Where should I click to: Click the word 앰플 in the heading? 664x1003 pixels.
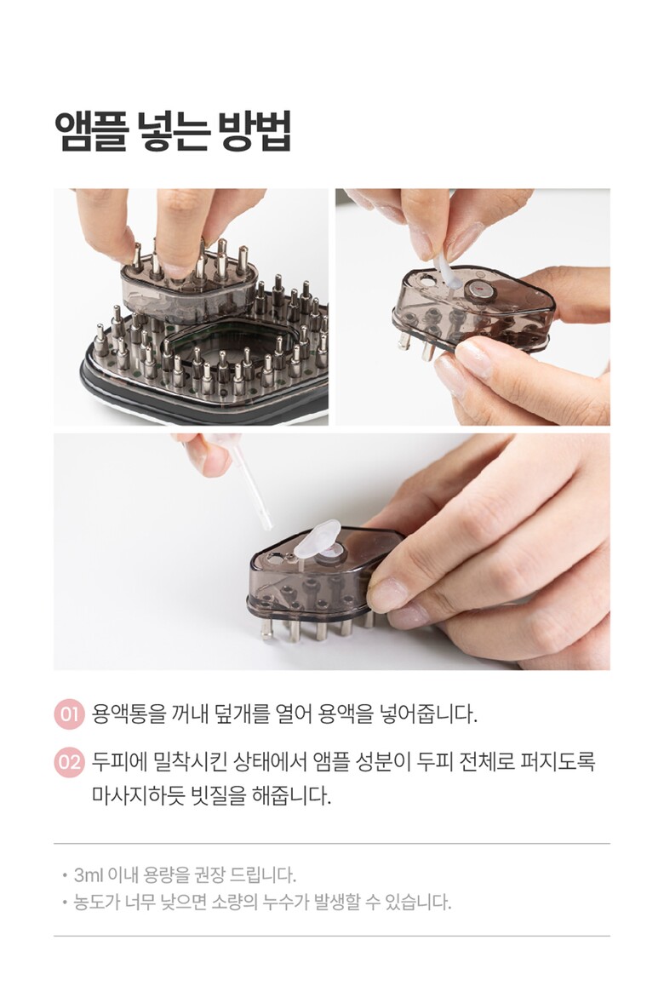click(90, 131)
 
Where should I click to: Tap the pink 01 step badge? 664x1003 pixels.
click(69, 714)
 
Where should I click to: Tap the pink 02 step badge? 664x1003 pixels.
click(69, 763)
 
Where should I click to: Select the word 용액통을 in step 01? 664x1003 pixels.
click(129, 714)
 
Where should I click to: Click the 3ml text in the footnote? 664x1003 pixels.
click(89, 874)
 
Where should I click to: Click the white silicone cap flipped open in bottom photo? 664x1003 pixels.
click(316, 539)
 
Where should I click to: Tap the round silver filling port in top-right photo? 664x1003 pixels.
click(480, 291)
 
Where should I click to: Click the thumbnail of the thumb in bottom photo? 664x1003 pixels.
click(386, 594)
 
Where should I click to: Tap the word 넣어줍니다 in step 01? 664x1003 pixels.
click(428, 714)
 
